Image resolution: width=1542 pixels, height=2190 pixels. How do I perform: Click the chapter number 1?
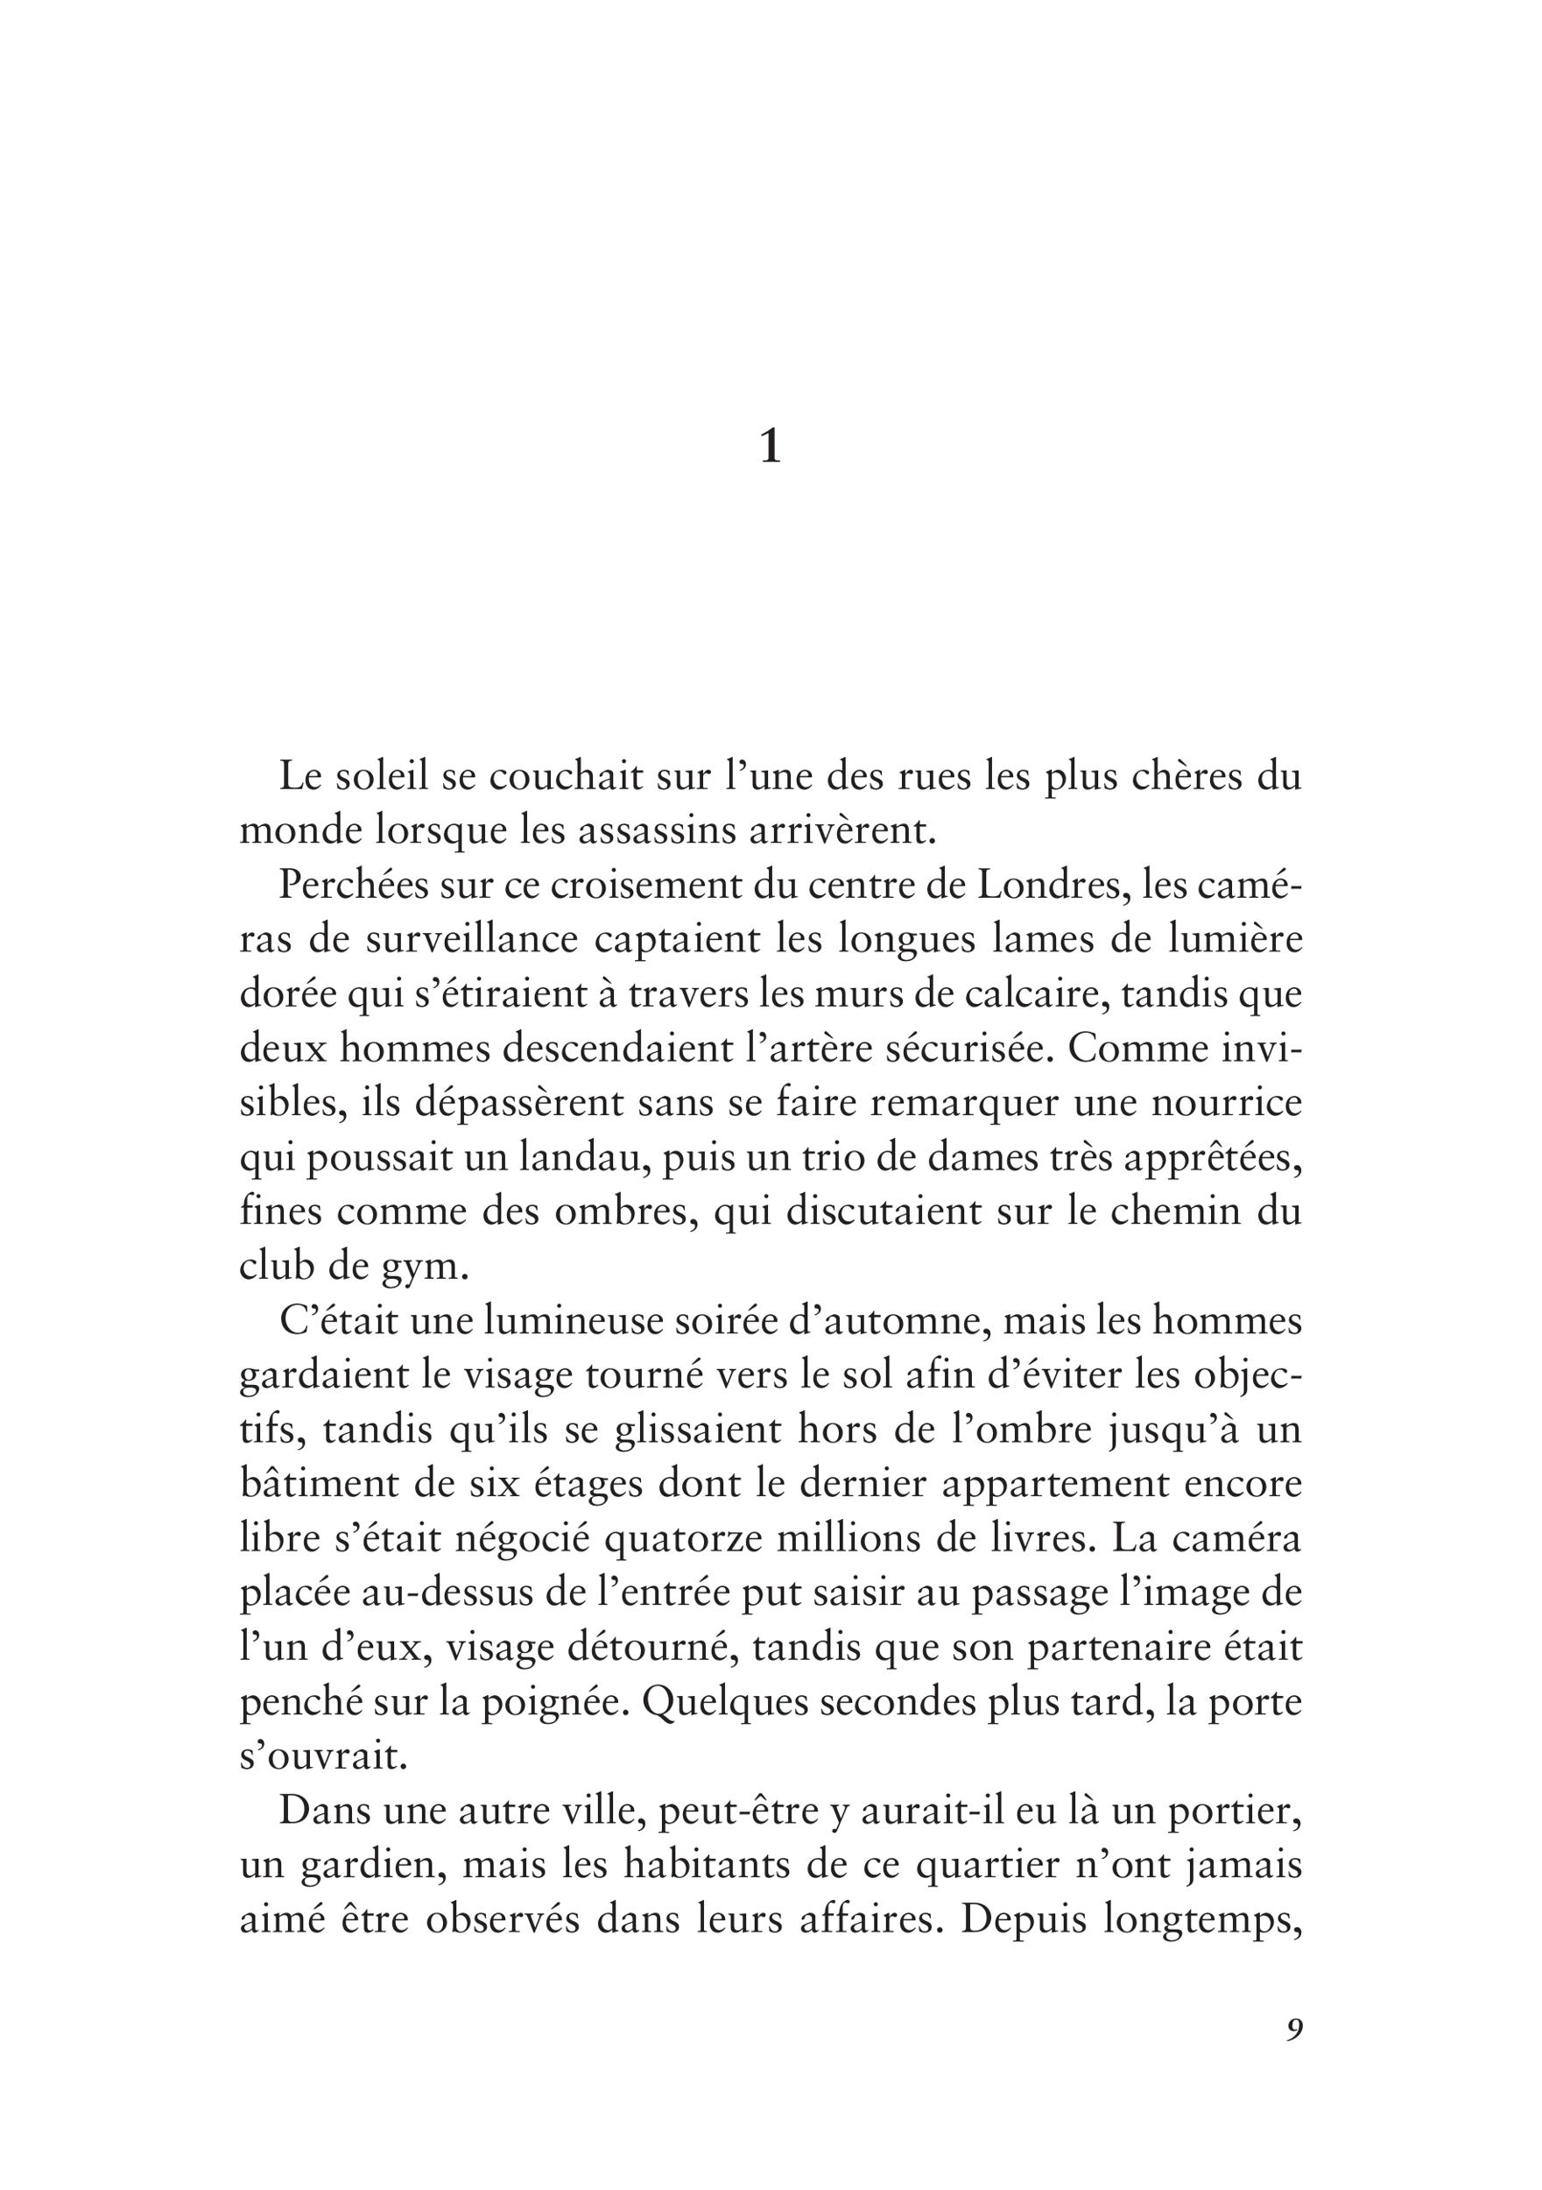click(770, 447)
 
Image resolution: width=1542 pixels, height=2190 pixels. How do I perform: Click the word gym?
click(434, 1268)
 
